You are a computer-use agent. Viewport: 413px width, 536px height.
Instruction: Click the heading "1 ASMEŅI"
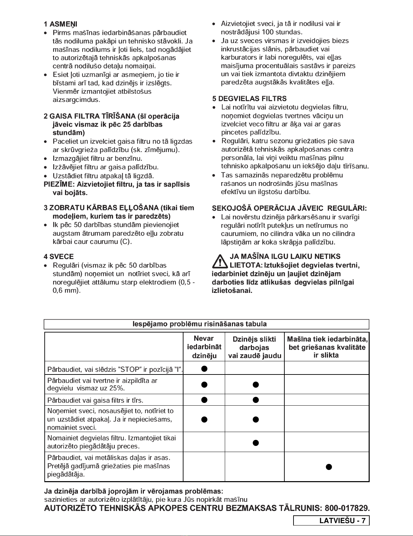(61, 24)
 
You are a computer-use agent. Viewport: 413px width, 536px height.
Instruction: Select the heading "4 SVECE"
(59, 256)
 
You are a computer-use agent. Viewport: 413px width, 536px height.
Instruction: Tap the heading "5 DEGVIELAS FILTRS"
(249, 99)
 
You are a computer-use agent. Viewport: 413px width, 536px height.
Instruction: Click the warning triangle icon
(220, 261)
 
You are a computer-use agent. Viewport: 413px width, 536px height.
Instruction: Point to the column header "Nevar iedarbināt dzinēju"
(204, 347)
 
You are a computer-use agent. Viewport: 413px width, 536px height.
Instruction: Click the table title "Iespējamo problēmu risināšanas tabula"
(199, 324)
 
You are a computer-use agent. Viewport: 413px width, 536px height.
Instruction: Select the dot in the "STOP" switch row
(204, 368)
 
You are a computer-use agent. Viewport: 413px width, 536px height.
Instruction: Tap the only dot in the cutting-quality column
(328, 467)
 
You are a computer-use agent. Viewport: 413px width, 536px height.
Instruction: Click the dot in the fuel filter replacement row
(256, 443)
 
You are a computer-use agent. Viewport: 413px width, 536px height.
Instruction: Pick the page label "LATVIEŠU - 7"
(342, 521)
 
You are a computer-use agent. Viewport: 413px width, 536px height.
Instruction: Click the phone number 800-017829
(346, 509)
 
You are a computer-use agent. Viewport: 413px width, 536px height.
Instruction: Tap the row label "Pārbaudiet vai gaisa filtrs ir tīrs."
(95, 401)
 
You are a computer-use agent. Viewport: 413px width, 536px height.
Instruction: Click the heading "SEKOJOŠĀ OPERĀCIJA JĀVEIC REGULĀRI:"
(289, 208)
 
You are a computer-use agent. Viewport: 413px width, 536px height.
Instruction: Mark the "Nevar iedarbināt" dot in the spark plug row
(204, 420)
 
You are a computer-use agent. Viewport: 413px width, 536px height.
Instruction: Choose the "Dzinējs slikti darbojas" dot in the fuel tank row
(256, 384)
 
